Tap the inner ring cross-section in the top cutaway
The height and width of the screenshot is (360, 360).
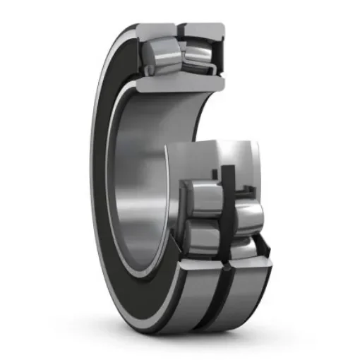click(x=180, y=82)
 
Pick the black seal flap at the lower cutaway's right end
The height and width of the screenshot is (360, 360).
click(x=265, y=244)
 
